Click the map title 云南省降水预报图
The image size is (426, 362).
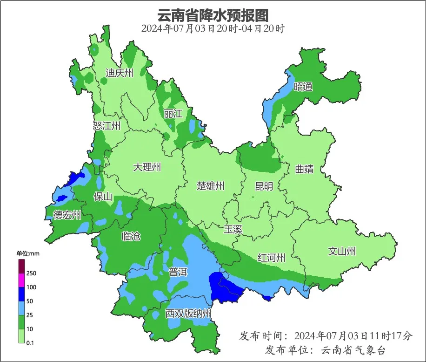point(213,15)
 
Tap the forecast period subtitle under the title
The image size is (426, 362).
point(213,28)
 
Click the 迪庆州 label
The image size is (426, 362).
point(119,73)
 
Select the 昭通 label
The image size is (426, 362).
point(303,87)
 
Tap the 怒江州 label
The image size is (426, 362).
point(106,126)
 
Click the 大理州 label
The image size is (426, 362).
point(147,167)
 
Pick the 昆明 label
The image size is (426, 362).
point(264,186)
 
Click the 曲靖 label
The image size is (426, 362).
point(304,169)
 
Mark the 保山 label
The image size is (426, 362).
point(103,197)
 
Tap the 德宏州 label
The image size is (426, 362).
point(67,215)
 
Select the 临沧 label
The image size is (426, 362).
point(131,236)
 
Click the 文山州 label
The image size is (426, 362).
point(342,252)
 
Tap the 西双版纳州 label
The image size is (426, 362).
point(188,314)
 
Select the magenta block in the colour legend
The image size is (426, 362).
point(21,280)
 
